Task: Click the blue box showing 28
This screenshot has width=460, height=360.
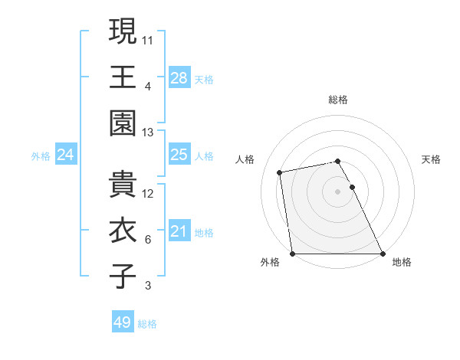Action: pyautogui.click(x=179, y=77)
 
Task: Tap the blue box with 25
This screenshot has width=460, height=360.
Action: pyautogui.click(x=179, y=155)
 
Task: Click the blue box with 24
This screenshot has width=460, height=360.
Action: pyautogui.click(x=66, y=155)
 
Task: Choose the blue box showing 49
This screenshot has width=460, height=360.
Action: pyautogui.click(x=123, y=322)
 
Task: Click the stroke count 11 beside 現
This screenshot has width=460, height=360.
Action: pyautogui.click(x=148, y=38)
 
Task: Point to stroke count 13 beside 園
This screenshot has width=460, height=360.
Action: pyautogui.click(x=148, y=132)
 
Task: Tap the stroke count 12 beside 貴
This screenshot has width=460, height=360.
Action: pyautogui.click(x=148, y=193)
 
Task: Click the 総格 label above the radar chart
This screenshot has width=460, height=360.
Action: pyautogui.click(x=338, y=100)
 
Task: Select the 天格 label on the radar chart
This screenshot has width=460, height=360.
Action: pyautogui.click(x=431, y=159)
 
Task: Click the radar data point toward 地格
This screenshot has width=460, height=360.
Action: pyautogui.click(x=383, y=254)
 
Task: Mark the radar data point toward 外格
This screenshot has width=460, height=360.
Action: pyautogui.click(x=292, y=254)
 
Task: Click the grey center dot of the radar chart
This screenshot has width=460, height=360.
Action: pyautogui.click(x=338, y=191)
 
